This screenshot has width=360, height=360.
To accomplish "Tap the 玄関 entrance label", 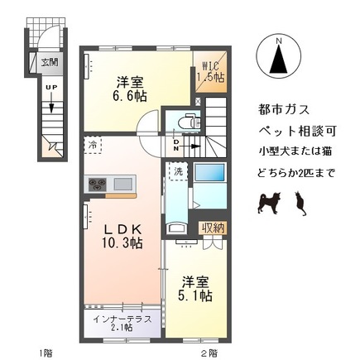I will (x=50, y=62).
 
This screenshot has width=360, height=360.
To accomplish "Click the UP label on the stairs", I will (x=50, y=87).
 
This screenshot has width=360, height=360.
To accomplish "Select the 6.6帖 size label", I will (x=129, y=97).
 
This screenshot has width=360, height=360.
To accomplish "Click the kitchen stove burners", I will (x=98, y=184).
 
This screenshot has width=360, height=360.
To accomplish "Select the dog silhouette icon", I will (x=269, y=199).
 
